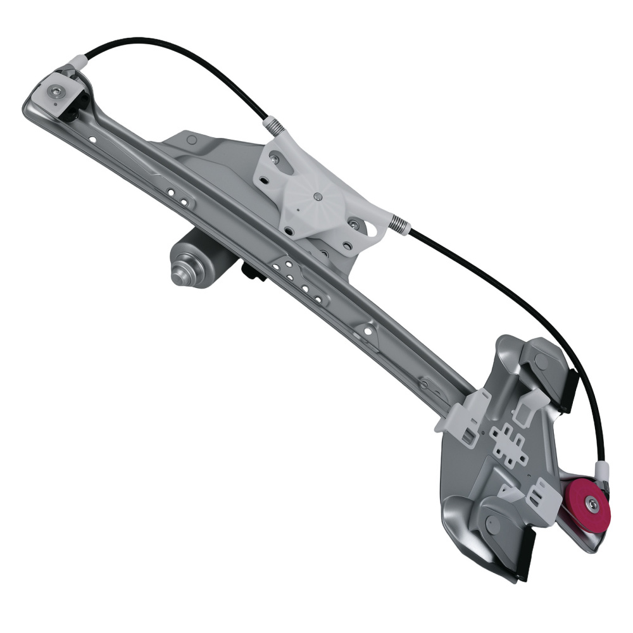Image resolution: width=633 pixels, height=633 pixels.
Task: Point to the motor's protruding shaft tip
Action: [177, 276]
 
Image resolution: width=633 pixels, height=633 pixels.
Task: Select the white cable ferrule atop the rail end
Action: [77, 62]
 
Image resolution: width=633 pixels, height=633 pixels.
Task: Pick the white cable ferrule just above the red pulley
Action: [602, 470]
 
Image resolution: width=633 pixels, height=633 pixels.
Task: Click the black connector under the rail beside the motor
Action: [251, 273]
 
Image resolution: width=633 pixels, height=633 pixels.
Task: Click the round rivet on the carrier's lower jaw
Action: [491, 523]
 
